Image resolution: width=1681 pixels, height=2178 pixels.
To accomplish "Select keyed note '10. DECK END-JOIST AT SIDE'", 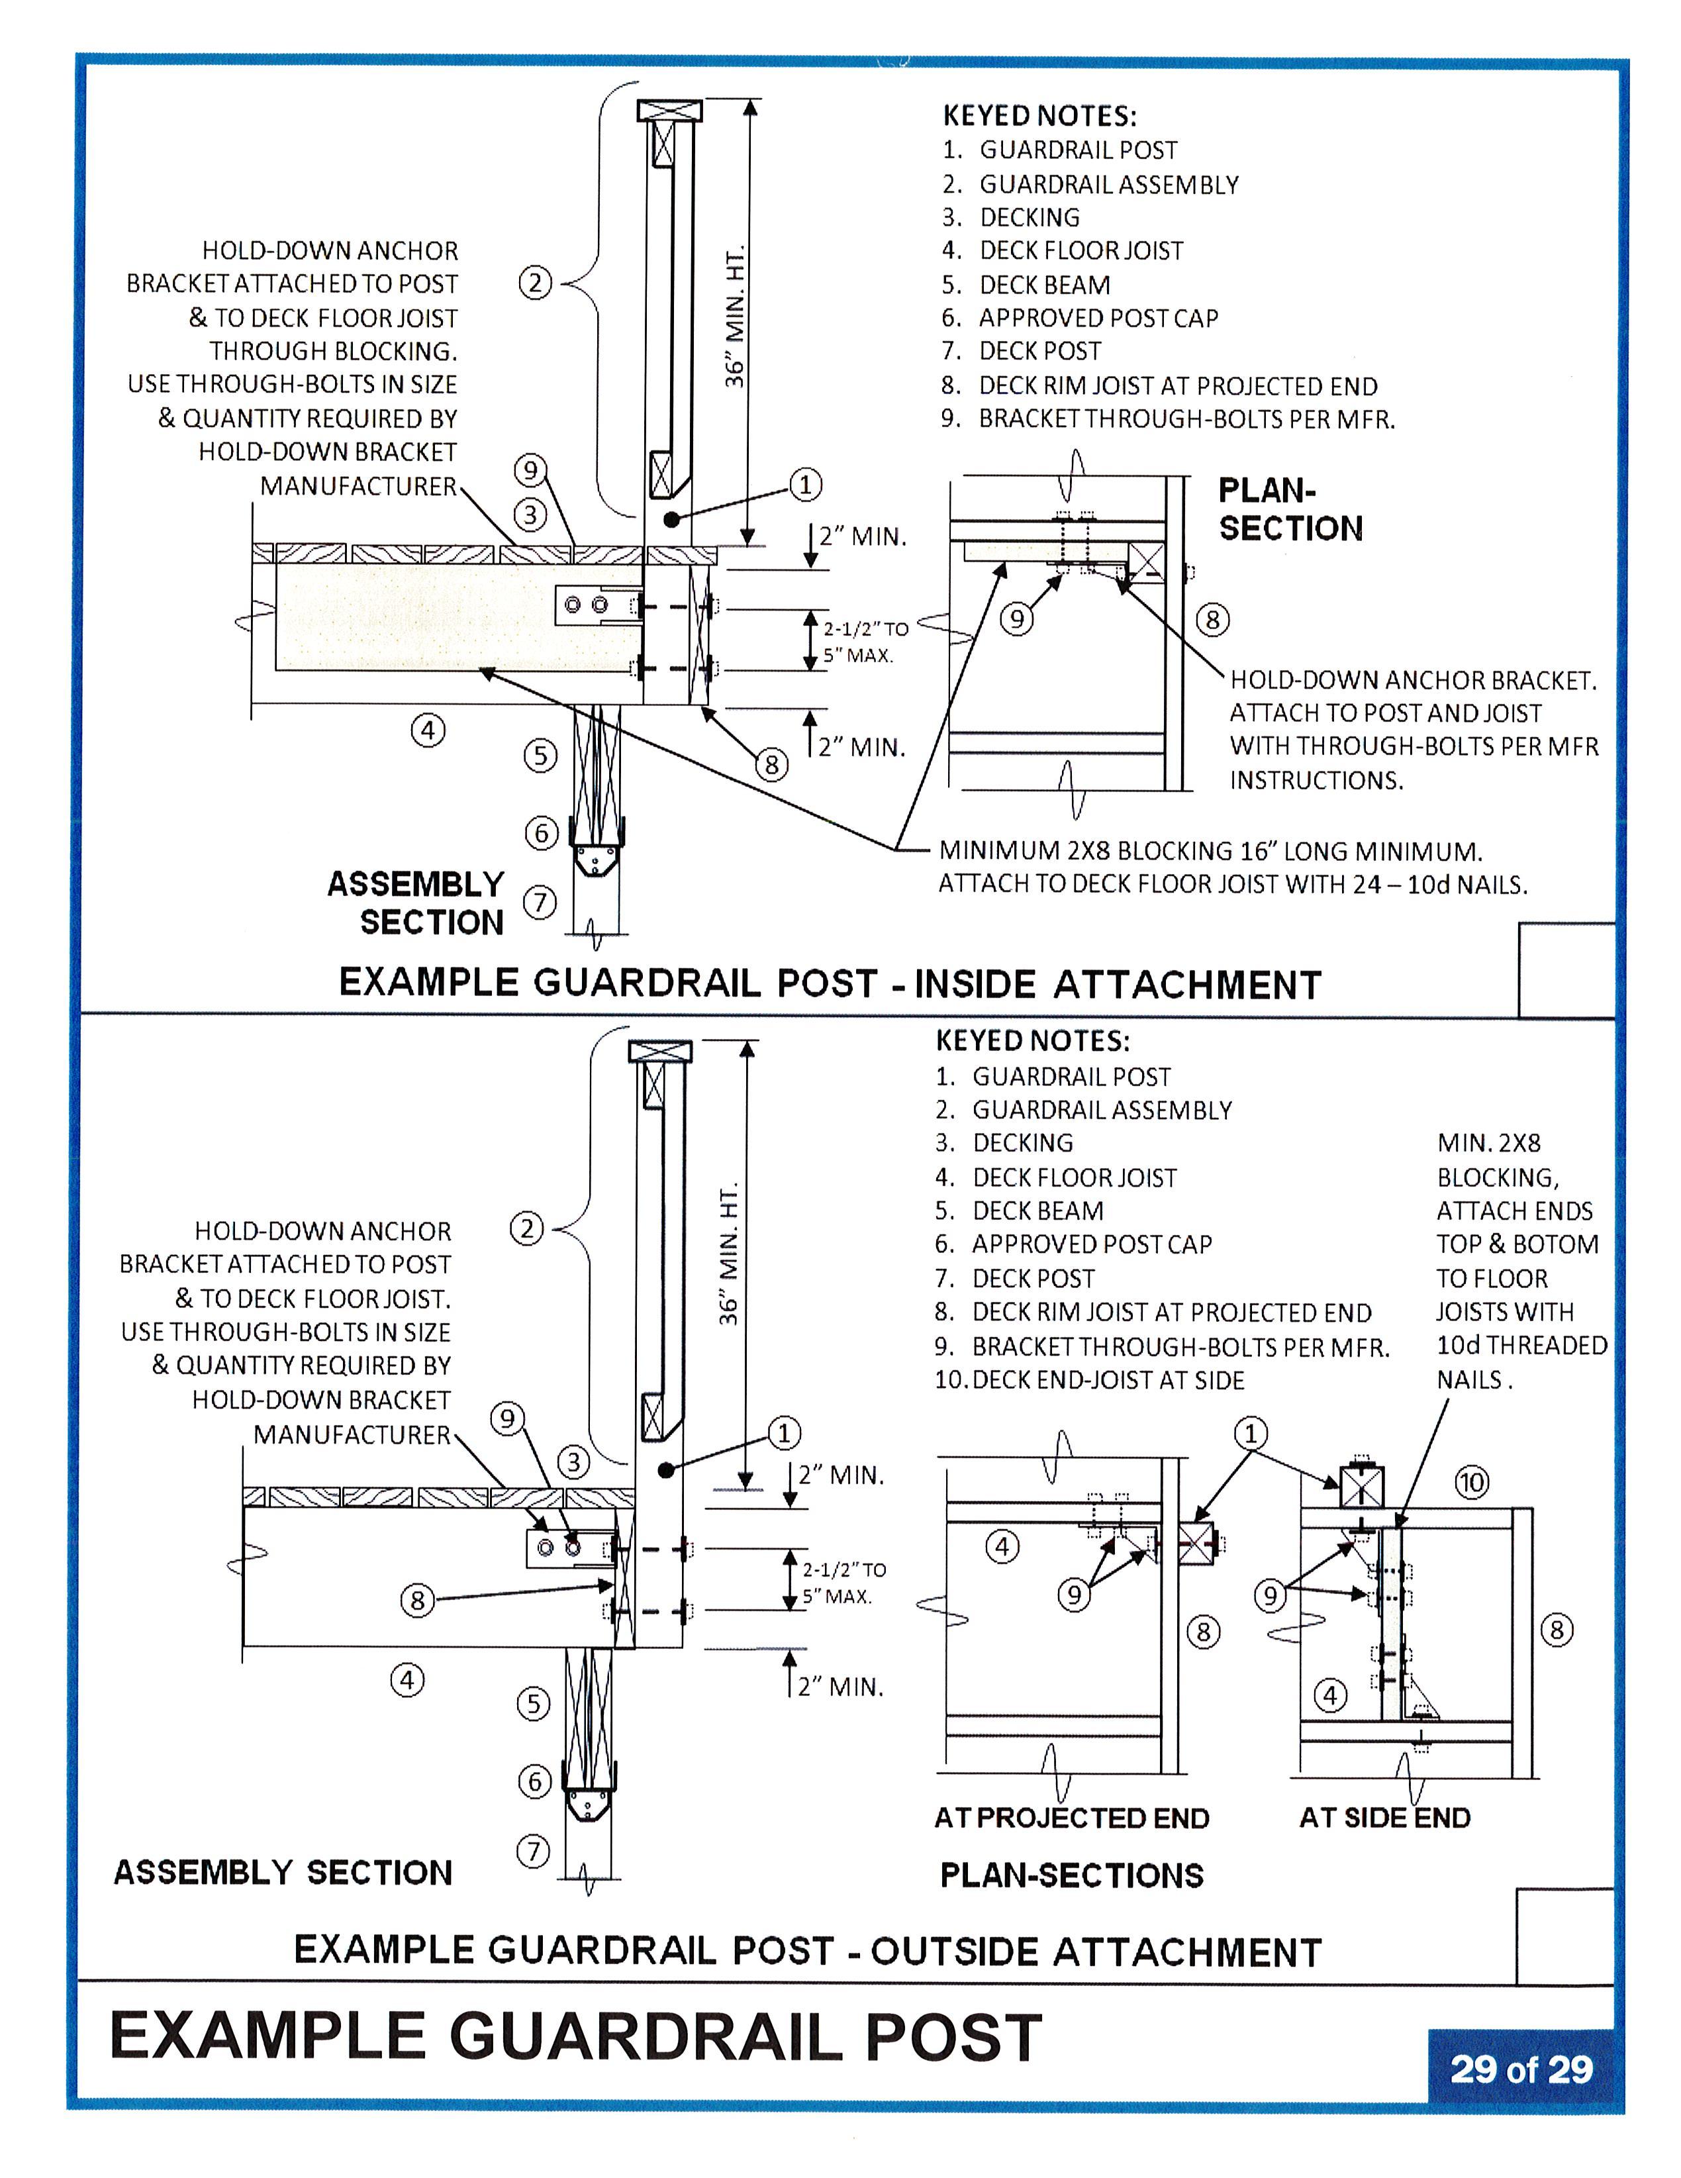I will click(x=1090, y=1380).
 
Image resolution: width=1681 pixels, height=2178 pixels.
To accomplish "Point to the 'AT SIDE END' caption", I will click(x=1385, y=1817).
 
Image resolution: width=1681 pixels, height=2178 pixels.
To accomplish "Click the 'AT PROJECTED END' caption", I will click(x=1072, y=1817).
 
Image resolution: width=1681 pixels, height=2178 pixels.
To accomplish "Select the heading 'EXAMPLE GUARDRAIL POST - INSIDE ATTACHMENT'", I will click(x=830, y=983).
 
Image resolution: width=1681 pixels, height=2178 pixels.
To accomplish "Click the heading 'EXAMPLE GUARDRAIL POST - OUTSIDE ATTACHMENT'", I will click(x=808, y=1951).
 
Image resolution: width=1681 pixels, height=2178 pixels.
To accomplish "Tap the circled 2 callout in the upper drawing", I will click(x=536, y=283).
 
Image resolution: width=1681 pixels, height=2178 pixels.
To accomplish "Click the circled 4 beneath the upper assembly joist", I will click(x=428, y=730).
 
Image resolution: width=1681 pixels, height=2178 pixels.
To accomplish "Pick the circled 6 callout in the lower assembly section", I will click(x=534, y=1781).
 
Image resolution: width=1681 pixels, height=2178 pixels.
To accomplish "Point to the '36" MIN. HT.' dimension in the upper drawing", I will click(x=735, y=315).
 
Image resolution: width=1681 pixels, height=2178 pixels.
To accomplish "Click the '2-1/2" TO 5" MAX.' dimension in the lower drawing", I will click(x=843, y=1583).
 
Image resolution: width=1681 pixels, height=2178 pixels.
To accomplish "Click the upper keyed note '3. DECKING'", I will click(x=1011, y=217).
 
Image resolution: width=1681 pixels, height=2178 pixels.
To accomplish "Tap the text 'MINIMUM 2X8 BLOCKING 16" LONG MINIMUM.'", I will click(x=1210, y=851).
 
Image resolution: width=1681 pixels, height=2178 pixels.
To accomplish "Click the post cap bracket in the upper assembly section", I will click(x=597, y=846).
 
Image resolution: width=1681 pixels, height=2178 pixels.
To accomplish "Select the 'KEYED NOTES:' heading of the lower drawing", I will click(x=1033, y=1040).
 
